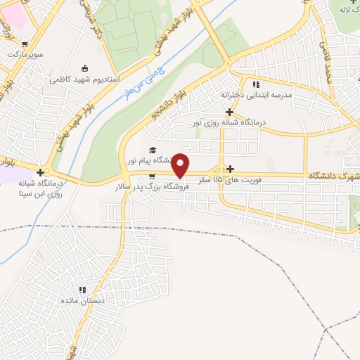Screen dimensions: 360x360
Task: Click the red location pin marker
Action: [181, 165]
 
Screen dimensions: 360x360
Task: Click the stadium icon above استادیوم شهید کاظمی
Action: [85, 68]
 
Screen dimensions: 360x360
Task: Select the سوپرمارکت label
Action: [25, 53]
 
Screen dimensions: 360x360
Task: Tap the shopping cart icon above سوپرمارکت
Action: [27, 42]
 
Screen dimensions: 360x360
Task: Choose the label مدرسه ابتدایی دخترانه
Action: [256, 94]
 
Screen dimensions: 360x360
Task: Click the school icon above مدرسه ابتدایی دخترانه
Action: [256, 83]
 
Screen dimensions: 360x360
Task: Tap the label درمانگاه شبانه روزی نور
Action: [230, 123]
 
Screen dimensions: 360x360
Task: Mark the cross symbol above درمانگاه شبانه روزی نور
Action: [230, 112]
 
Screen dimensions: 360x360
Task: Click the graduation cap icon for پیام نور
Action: [152, 150]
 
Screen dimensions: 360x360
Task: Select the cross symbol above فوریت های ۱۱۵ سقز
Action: [231, 169]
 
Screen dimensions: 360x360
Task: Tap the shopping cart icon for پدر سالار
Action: [151, 176]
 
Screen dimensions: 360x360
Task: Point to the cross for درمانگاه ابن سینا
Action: [41, 172]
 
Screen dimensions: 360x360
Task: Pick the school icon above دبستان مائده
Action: [83, 289]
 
